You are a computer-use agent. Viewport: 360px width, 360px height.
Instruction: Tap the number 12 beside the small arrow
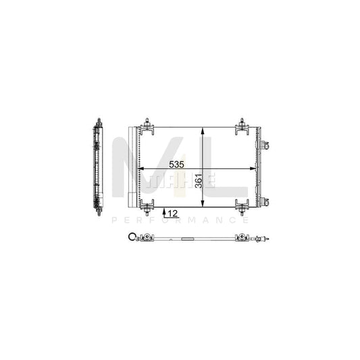click(172, 213)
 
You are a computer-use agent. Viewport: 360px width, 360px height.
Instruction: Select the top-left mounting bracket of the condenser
click(145, 125)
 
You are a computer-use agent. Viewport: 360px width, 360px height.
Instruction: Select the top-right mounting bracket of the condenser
click(240, 125)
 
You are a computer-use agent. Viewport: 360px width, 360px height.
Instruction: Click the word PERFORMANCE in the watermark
click(179, 220)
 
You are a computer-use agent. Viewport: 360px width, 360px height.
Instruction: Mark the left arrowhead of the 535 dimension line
click(141, 170)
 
